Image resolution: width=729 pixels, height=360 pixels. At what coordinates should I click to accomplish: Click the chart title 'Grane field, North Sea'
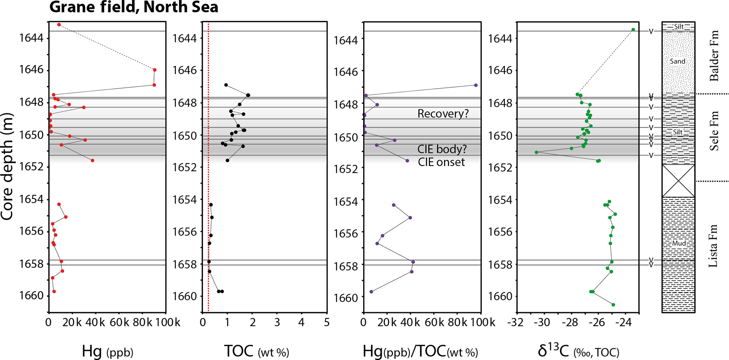[x=134, y=7]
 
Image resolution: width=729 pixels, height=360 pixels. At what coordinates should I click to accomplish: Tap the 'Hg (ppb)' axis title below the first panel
[x=107, y=352]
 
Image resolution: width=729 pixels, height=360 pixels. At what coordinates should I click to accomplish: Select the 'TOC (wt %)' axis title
[x=256, y=352]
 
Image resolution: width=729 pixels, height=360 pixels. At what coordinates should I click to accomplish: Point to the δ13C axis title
[x=578, y=352]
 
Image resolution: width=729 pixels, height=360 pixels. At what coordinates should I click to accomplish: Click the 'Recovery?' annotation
[x=443, y=114]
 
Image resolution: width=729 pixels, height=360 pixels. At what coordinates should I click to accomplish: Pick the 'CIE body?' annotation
[x=442, y=149]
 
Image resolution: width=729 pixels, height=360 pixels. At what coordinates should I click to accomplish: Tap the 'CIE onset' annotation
[x=441, y=162]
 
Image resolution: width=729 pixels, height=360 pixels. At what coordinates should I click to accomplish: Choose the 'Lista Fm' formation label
[x=713, y=245]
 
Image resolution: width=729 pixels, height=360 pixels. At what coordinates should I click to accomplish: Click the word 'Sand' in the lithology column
[x=678, y=61]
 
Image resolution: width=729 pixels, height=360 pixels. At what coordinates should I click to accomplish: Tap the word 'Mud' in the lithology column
[x=679, y=243]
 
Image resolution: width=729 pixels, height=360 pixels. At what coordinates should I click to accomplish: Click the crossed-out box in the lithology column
[x=678, y=181]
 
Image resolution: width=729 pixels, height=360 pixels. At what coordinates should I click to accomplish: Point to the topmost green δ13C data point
[x=633, y=30]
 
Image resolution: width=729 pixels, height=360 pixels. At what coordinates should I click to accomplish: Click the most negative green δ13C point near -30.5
[x=536, y=152]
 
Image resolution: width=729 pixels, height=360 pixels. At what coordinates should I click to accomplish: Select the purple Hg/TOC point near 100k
[x=476, y=85]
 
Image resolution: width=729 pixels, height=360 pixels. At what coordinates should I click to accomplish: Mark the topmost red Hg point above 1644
[x=59, y=25]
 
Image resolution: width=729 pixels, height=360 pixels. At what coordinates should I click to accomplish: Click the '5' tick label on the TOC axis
[x=327, y=322]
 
